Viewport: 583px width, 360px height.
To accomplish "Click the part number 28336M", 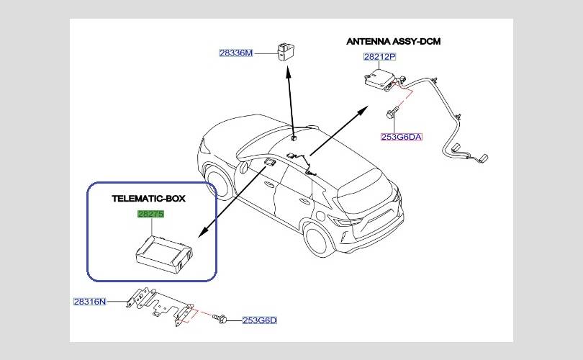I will pos(237,53).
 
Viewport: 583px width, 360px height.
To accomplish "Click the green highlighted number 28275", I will pos(152,214).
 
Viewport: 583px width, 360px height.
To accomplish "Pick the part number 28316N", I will pos(89,302).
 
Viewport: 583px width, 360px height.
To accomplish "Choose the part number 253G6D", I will pos(260,320).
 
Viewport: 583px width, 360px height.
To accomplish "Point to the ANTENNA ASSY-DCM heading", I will pos(394,41).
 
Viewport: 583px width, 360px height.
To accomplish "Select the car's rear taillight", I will pos(394,197).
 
